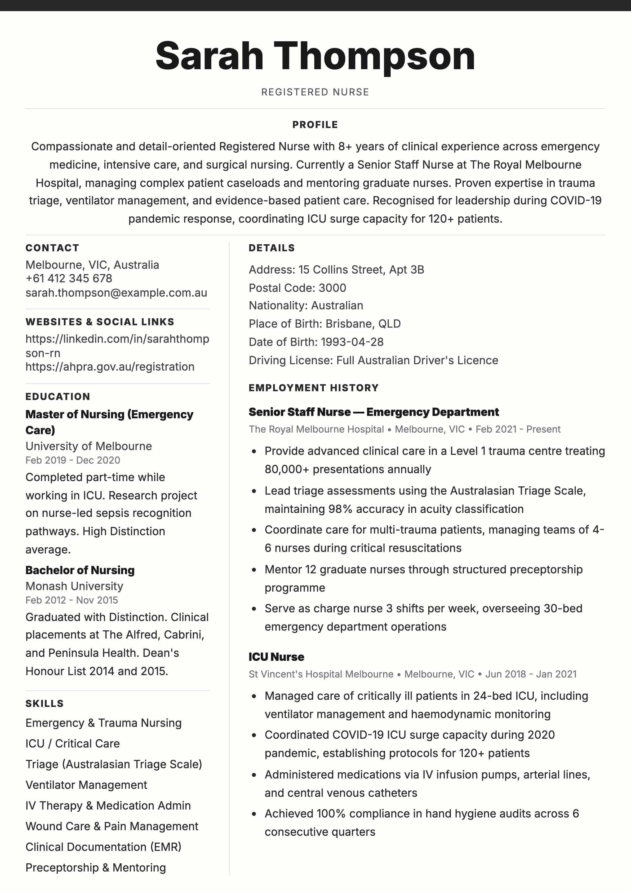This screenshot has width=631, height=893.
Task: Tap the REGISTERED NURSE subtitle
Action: coord(315,92)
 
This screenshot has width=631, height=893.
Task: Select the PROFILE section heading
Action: coord(315,125)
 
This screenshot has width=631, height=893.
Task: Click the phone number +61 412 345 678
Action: coord(69,279)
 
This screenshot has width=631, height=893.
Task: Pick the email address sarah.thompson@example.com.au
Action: coord(116,293)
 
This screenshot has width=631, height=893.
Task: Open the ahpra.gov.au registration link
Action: coord(110,367)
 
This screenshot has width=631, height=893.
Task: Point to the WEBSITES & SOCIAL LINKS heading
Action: coord(100,322)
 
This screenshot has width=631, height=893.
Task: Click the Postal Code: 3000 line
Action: coord(297,288)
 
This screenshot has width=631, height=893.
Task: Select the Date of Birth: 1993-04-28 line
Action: coord(316,342)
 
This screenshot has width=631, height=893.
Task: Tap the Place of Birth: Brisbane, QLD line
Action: coord(325,324)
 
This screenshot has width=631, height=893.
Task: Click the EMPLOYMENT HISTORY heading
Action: coord(313,388)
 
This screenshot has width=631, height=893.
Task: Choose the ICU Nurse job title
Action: coord(277,657)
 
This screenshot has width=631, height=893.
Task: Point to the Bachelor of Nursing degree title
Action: coord(80,570)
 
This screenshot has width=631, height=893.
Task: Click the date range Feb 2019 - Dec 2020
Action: coord(73,460)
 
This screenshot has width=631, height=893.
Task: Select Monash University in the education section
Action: coord(74,586)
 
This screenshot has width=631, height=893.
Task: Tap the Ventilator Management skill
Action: coord(86,785)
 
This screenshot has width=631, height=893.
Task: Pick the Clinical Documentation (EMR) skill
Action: coord(103,847)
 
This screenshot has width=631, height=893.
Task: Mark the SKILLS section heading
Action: coord(44,703)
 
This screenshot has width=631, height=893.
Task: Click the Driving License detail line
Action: coord(373,360)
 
